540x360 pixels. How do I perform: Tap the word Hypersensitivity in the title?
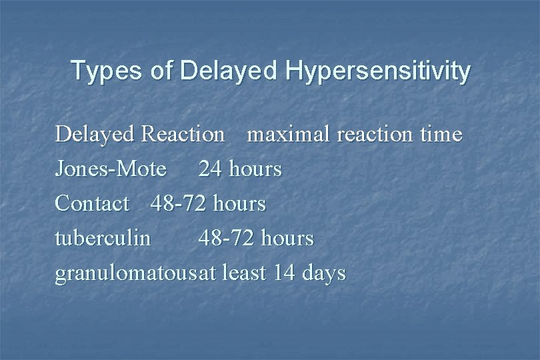tap(378, 71)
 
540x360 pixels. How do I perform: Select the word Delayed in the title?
tap(214, 71)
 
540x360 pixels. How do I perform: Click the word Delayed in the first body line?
tap(95, 134)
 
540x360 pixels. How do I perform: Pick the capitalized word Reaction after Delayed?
tap(183, 134)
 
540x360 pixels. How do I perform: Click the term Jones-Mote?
tap(111, 169)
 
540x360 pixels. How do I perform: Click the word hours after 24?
tap(255, 169)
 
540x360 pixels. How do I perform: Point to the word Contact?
tap(92, 203)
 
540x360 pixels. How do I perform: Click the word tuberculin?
tap(103, 238)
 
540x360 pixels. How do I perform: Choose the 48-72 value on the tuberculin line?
tap(227, 238)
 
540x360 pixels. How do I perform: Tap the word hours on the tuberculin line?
tap(287, 238)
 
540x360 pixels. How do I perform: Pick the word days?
tap(323, 273)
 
